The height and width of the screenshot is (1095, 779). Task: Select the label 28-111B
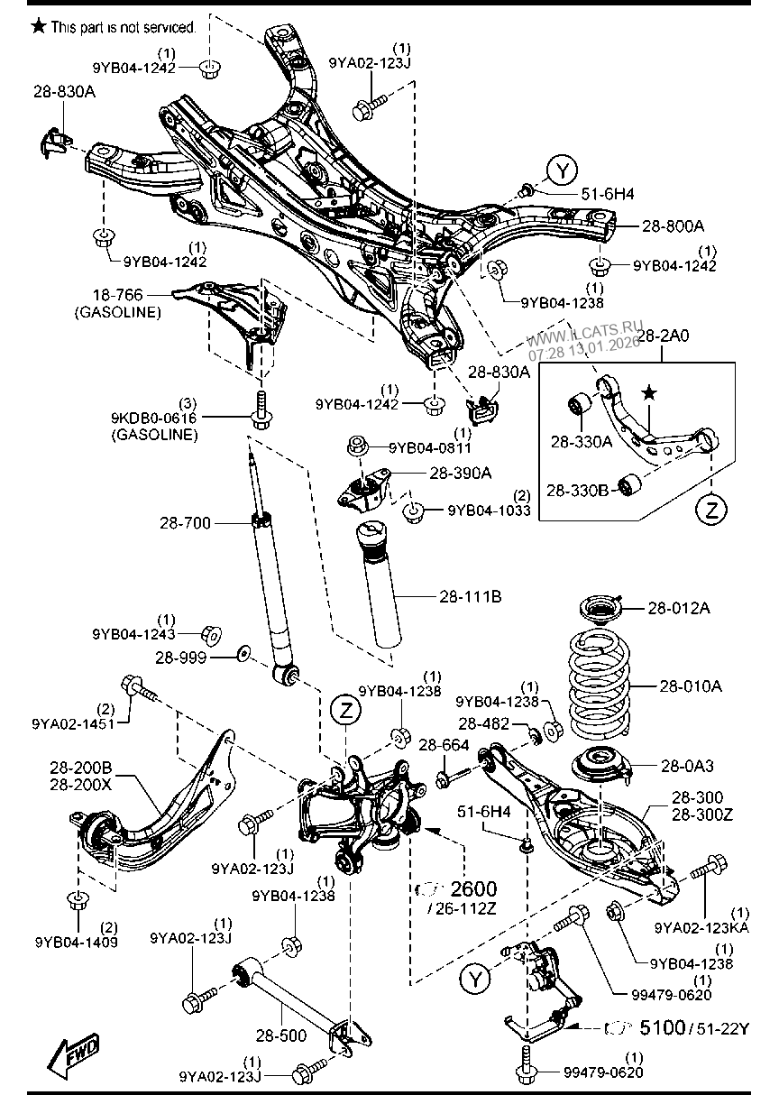click(x=470, y=596)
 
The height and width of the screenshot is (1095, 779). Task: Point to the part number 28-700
click(x=184, y=522)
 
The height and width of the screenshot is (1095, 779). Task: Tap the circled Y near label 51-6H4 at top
click(x=562, y=170)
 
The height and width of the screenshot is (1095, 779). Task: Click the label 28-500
click(x=280, y=1035)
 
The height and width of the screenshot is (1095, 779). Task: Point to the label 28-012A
click(x=678, y=609)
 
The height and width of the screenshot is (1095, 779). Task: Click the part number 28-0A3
click(x=687, y=766)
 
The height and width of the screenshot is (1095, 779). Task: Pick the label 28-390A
click(x=460, y=473)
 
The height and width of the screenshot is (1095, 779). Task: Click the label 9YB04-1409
click(x=76, y=942)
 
